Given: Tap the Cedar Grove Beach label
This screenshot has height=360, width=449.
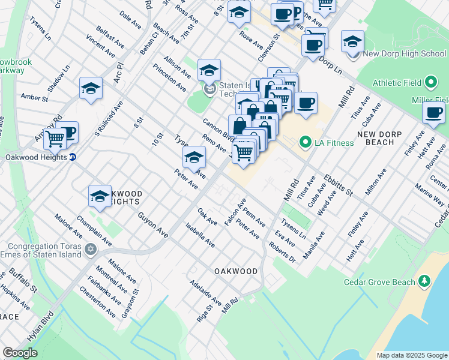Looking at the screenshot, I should click(379, 282).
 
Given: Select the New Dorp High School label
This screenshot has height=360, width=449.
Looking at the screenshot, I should click(405, 54).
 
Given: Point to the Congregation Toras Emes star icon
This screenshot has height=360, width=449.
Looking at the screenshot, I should click(91, 248).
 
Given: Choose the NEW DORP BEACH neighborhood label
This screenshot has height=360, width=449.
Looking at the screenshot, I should click(384, 138).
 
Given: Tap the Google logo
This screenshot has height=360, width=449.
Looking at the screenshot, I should click(20, 353).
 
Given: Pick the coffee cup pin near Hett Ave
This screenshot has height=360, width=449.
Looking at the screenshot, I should click(433, 112).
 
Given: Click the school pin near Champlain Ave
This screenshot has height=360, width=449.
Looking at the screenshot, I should click(100, 196).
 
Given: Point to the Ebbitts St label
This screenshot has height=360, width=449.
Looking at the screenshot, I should click(337, 184).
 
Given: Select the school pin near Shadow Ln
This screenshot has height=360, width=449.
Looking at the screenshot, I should click(90, 88).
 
